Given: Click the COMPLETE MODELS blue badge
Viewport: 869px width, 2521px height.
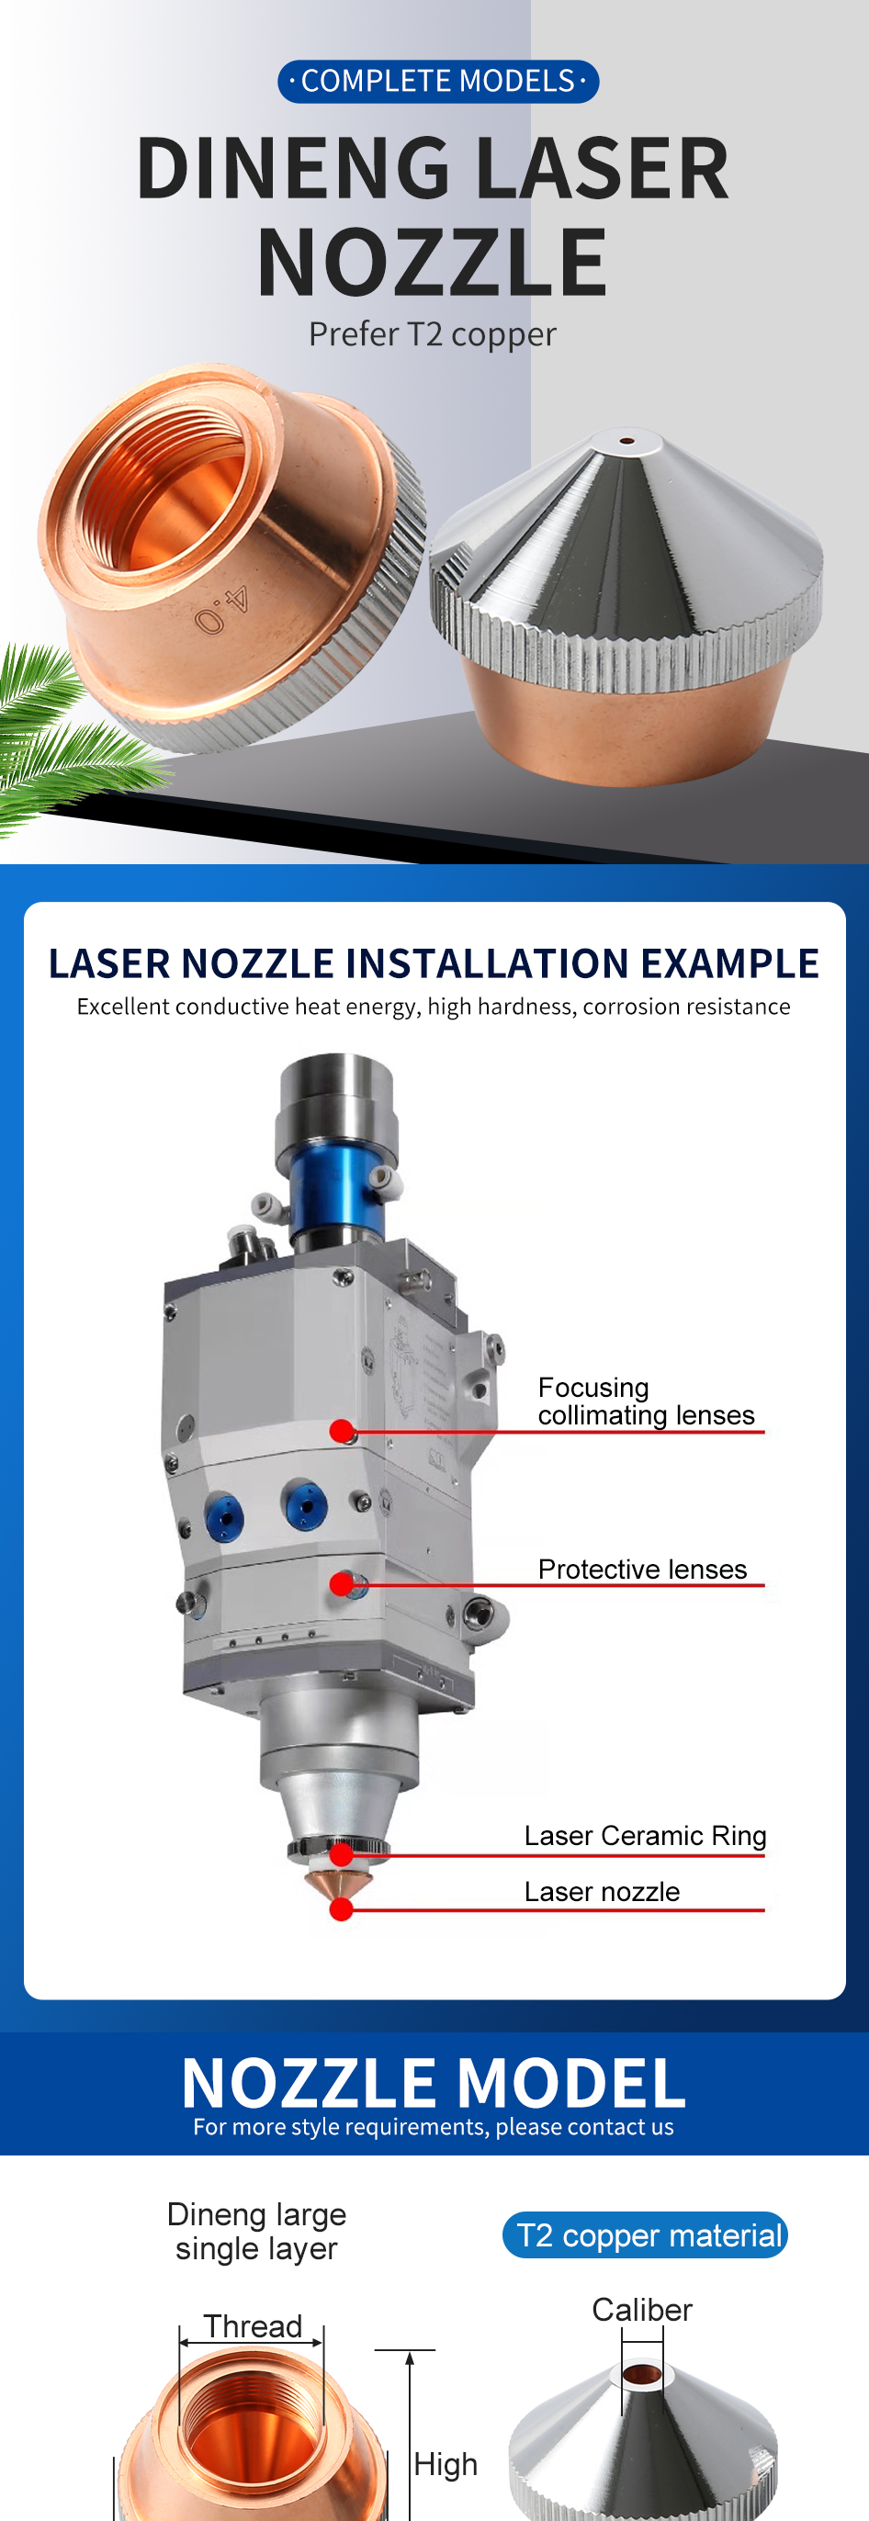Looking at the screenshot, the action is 437,81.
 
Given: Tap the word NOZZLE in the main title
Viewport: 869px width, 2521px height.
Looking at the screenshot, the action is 433,263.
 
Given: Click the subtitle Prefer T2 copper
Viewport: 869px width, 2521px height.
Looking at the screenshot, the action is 433,334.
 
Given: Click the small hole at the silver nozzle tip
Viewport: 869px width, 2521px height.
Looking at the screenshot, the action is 626,441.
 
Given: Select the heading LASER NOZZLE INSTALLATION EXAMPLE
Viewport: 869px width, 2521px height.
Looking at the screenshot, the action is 434,963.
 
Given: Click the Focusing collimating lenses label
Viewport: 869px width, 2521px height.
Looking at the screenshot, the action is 646,1401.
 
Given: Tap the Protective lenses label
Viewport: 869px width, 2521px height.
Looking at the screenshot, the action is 642,1569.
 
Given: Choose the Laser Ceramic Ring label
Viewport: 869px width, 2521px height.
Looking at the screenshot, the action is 645,1835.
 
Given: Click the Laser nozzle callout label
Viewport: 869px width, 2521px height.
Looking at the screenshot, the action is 602,1892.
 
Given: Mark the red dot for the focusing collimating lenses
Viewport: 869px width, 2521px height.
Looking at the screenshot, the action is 342,1432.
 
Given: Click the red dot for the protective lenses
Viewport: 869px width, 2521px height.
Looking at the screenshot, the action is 342,1584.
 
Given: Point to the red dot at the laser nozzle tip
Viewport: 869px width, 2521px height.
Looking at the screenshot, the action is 342,1909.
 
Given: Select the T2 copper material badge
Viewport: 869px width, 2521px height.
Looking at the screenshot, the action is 645,2235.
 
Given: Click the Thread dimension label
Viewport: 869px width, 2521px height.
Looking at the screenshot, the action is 253,2325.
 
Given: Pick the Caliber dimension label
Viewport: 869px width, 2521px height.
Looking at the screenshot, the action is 642,2310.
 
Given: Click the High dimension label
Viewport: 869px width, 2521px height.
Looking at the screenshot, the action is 446,2463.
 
